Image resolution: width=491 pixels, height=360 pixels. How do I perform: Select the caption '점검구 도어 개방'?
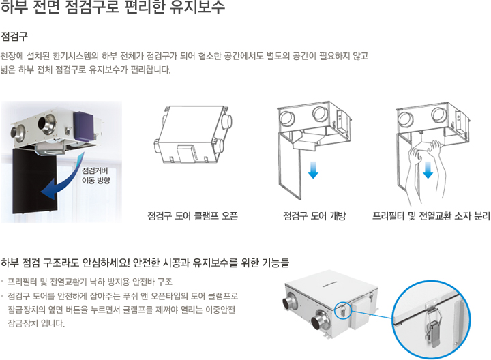[x=314, y=216]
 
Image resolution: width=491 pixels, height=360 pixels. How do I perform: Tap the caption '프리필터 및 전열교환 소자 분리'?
[x=431, y=216]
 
